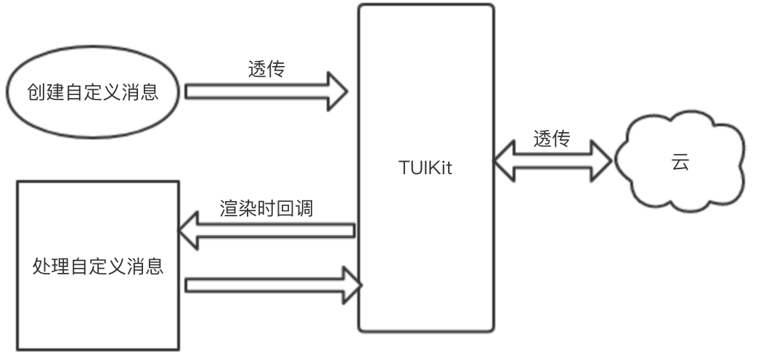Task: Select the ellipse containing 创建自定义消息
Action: [92, 93]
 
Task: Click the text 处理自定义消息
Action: [98, 266]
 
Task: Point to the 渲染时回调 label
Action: [266, 208]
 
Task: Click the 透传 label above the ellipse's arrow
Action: [266, 70]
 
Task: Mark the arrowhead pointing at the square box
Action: [190, 231]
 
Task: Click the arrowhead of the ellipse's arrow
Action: [335, 91]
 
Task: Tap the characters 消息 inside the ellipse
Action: [142, 93]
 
